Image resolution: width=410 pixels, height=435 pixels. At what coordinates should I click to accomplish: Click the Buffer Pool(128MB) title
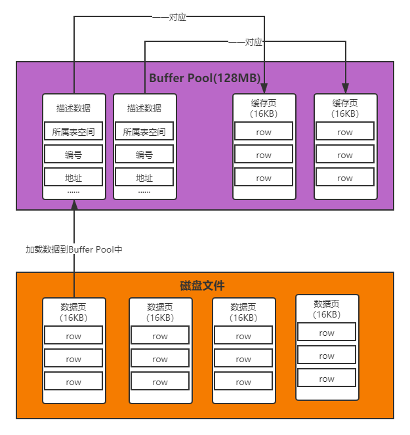(x=205, y=78)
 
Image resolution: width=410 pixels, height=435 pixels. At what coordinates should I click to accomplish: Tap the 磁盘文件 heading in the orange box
(x=202, y=286)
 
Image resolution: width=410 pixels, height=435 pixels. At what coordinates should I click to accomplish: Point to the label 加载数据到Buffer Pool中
(x=74, y=249)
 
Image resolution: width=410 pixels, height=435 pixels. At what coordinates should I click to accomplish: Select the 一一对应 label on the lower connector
(x=245, y=42)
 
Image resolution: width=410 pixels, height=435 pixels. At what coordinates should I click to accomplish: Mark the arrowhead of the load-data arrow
(x=74, y=205)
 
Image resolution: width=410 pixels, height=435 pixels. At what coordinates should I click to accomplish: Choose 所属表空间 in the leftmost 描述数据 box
(x=73, y=132)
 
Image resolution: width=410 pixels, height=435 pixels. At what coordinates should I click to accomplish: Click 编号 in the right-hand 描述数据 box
(x=144, y=155)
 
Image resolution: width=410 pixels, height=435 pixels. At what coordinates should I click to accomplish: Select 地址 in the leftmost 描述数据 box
(x=73, y=178)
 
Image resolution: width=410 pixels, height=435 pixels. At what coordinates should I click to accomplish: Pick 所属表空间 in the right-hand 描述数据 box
(x=144, y=132)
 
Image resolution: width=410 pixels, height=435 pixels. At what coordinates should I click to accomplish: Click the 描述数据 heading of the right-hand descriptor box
(x=144, y=108)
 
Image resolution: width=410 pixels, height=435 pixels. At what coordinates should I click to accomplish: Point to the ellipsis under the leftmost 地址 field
(x=73, y=192)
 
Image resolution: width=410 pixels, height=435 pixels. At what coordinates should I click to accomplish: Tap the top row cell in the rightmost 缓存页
(x=345, y=132)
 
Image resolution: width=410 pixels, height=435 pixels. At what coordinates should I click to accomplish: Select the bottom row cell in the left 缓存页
(x=264, y=178)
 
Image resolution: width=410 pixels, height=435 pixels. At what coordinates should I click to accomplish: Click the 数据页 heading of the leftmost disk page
(x=73, y=307)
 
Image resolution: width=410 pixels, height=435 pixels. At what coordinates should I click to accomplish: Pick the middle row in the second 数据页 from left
(x=160, y=359)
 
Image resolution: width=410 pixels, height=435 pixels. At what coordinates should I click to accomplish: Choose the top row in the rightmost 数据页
(x=327, y=333)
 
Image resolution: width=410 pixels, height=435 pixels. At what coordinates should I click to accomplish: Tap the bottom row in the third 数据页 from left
(x=243, y=382)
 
